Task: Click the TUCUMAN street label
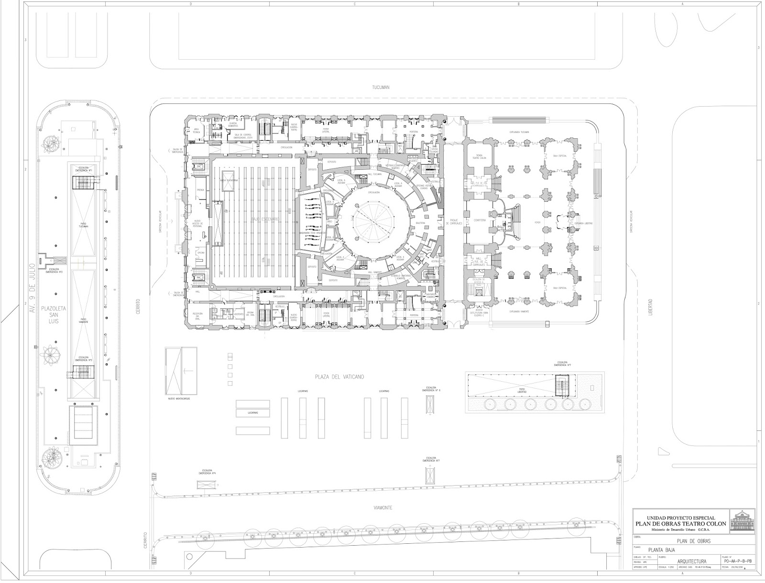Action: [381, 88]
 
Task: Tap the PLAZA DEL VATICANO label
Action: [339, 377]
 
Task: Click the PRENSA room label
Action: [200, 190]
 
